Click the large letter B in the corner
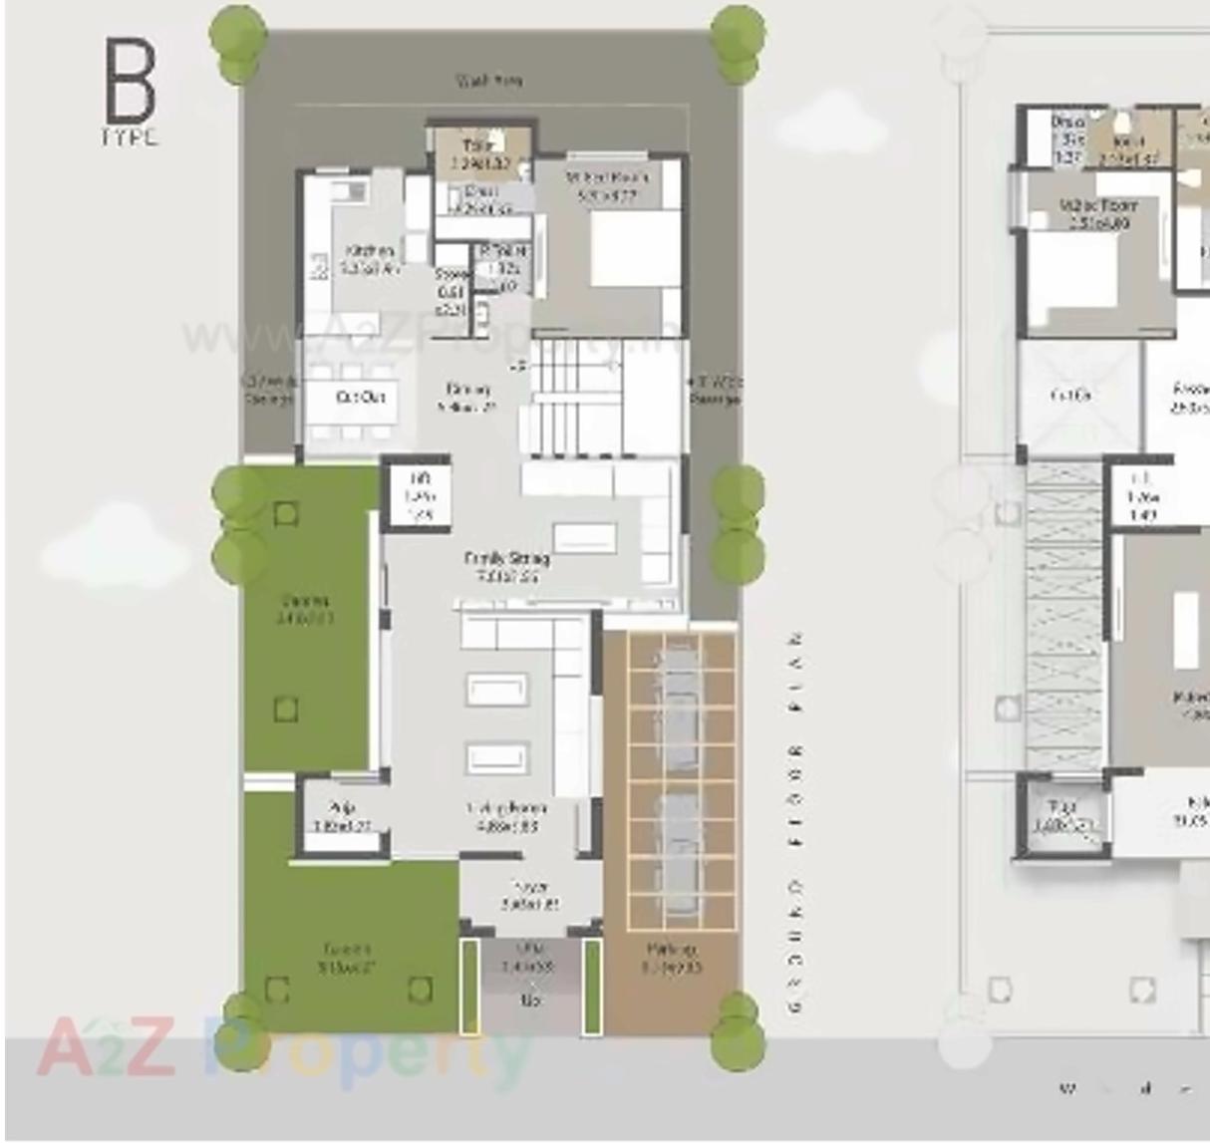(x=130, y=79)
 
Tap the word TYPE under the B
(x=130, y=138)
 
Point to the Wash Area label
(x=488, y=81)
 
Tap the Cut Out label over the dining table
(x=360, y=398)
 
